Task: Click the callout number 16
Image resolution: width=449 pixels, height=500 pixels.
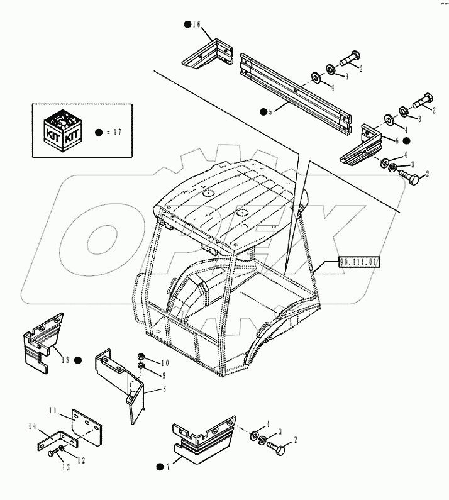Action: coord(196,25)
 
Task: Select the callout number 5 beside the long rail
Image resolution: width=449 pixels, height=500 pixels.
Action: coord(270,112)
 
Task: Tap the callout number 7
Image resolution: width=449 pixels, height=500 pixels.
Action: coord(169,466)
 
